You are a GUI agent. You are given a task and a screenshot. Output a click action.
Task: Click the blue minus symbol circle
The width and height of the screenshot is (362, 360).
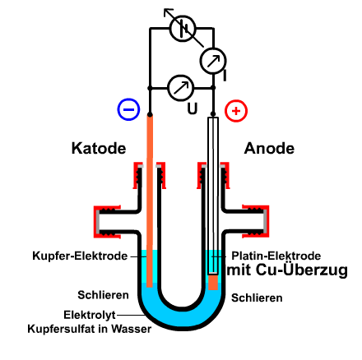(x=128, y=109)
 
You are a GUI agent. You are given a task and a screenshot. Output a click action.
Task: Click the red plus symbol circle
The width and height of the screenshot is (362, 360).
(x=236, y=111)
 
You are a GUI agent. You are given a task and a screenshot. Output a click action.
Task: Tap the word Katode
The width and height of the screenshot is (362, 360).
(x=99, y=149)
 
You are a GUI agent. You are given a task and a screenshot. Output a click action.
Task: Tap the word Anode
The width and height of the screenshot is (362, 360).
(x=269, y=149)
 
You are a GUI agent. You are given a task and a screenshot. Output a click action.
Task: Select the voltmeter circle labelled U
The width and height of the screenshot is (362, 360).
(x=181, y=88)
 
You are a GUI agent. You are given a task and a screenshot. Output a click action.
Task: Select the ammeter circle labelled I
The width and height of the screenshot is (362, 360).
(x=213, y=61)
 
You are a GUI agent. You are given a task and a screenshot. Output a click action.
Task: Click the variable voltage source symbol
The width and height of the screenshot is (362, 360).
(x=183, y=28)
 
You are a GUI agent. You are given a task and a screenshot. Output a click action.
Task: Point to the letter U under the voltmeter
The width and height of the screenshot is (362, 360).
(x=193, y=108)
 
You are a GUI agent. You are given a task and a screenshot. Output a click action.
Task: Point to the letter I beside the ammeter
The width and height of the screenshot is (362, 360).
(x=225, y=76)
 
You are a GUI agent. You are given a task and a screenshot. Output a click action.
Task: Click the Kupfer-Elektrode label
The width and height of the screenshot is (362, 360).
(x=80, y=256)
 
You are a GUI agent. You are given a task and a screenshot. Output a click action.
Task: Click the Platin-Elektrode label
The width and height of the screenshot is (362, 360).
(x=276, y=256)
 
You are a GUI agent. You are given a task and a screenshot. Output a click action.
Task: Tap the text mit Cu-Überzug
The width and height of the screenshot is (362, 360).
(x=287, y=270)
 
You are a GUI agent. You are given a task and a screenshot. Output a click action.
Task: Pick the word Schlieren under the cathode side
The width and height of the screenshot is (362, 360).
(x=103, y=295)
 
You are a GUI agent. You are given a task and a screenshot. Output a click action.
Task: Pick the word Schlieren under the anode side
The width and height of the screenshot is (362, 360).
(x=257, y=298)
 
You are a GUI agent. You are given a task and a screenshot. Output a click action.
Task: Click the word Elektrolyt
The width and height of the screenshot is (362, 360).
(x=90, y=315)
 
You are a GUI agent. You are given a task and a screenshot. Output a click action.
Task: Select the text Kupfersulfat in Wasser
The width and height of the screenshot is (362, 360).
(x=90, y=329)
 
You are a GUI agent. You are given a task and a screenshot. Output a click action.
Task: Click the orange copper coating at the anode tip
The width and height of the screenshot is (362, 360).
(x=213, y=282)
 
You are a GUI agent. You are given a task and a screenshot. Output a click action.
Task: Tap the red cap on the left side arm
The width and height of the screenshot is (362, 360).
(x=107, y=221)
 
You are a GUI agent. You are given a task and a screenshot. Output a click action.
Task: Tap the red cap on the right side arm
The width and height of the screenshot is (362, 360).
(x=256, y=221)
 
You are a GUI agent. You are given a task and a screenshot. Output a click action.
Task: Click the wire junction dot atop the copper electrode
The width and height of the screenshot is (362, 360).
(x=150, y=114)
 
